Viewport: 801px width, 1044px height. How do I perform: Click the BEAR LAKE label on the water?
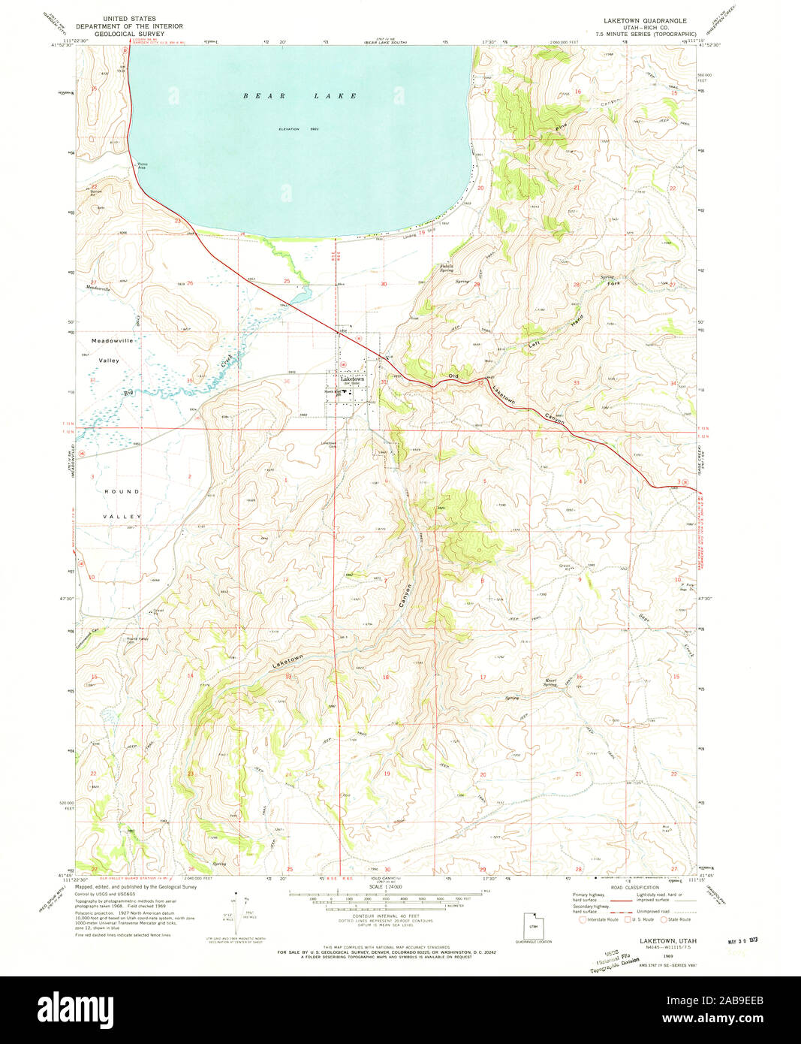[x=300, y=96]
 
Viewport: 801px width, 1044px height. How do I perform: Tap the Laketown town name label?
[x=352, y=379]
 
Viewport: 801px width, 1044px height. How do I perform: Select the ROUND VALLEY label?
[x=122, y=503]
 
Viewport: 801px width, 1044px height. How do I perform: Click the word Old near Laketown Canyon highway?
[x=453, y=376]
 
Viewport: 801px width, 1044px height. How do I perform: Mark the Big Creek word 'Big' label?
[x=128, y=392]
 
